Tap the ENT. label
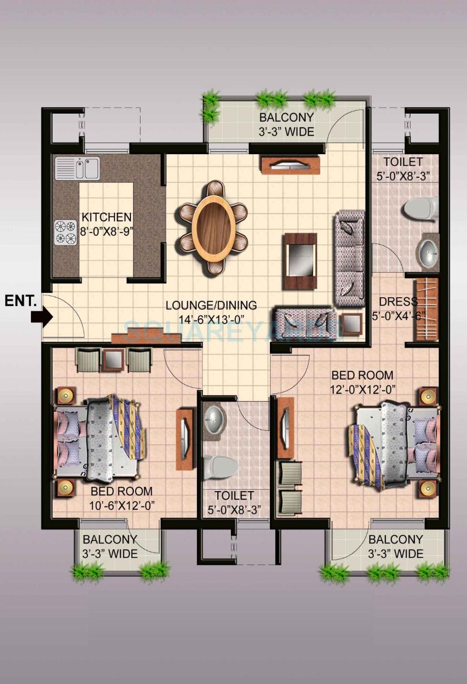pos(20,301)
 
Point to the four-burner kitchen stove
pos(65,232)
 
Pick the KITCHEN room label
pos(106,217)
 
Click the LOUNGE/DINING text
pos(211,306)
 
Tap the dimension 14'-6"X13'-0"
pos(211,319)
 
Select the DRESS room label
pos(398,302)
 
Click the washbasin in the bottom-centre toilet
pos(214,419)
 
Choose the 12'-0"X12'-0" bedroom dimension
pos(363,389)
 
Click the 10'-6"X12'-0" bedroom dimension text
pos(122,506)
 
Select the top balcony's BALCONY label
pos(286,117)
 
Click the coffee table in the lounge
pos(300,261)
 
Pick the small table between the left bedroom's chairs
pos(114,359)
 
